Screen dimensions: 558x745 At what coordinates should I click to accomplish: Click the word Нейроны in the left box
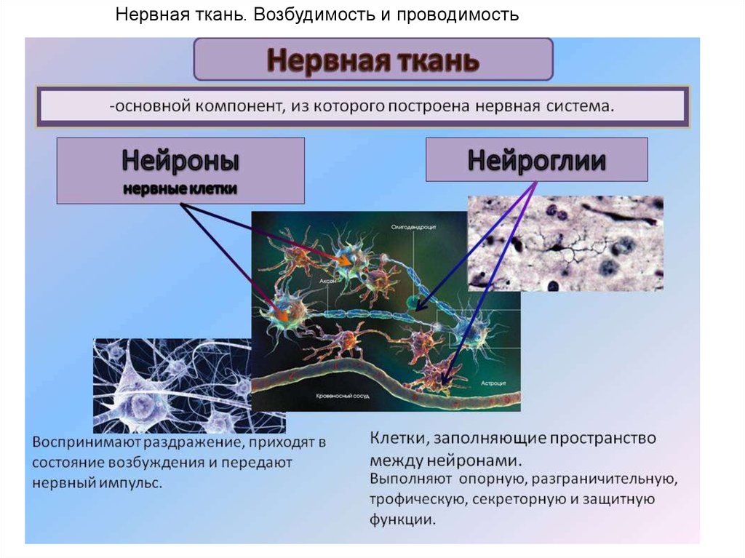[180, 159]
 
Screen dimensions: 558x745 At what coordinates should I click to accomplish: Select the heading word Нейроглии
[536, 159]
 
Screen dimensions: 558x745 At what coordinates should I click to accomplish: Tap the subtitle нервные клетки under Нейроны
[180, 189]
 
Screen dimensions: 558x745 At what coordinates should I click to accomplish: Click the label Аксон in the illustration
[326, 279]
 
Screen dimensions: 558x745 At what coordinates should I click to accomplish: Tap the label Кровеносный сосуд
[343, 396]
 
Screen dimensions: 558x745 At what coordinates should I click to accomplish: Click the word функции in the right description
[402, 520]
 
